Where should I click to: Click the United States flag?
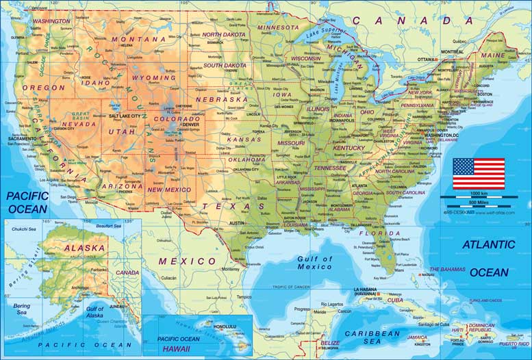tap(478, 174)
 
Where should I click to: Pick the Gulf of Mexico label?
tap(314, 263)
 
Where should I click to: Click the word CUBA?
tap(396, 300)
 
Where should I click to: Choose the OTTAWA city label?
tap(426, 60)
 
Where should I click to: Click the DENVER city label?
tap(190, 125)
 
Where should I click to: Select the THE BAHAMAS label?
tap(447, 270)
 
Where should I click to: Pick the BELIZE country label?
tap(330, 342)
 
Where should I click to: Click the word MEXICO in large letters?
tap(187, 261)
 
